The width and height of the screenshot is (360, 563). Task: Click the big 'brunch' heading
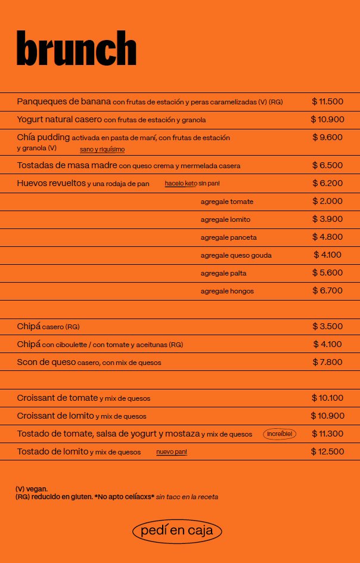pos(76,49)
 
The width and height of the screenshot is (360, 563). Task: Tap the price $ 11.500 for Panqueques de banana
pos(327,101)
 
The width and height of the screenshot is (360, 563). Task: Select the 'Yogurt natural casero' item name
pos(59,119)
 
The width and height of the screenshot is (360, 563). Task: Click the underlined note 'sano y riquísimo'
pos(103,149)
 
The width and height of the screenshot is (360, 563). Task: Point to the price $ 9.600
pos(327,137)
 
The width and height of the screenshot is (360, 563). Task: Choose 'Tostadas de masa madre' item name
pos(67,165)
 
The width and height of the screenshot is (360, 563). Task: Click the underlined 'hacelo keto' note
pos(181,184)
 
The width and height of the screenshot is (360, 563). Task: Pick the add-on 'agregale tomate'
pos(226,202)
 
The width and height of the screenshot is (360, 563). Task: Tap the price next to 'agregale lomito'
pos(327,219)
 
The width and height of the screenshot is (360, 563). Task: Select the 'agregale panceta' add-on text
pos(228,237)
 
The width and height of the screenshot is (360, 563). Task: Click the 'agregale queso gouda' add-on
pos(236,255)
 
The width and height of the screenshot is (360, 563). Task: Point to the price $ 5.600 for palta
pos(327,273)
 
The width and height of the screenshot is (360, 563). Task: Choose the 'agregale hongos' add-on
pos(227,291)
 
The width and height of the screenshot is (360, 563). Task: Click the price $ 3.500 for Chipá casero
pos(327,326)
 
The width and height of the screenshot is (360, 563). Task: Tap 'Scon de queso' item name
pos(46,362)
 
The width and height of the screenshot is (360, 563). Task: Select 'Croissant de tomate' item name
pos(57,398)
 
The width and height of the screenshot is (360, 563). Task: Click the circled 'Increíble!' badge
pos(280,434)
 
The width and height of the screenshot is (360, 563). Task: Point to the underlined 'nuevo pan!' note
pos(172,452)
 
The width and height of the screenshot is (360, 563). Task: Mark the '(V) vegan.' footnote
pos(32,489)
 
